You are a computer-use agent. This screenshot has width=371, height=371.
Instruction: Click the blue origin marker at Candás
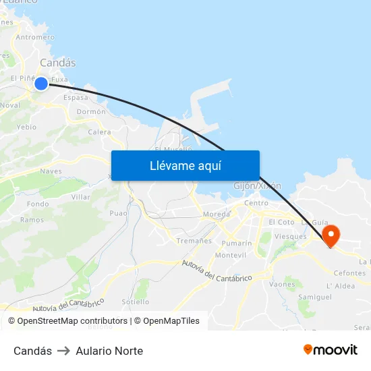tap(41, 83)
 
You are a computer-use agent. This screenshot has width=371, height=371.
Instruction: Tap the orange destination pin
tap(331, 234)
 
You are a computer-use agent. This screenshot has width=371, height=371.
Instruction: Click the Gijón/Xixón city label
tap(257, 185)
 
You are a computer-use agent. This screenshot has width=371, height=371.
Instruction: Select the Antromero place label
tap(34, 38)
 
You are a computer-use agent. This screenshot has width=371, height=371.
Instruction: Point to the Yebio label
tap(27, 127)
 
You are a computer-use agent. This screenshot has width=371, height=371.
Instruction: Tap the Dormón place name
tap(91, 111)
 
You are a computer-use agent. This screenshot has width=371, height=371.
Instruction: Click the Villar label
tap(81, 197)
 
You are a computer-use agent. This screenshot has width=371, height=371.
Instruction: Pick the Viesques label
tap(291, 237)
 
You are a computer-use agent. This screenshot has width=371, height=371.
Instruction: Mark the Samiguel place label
tap(315, 297)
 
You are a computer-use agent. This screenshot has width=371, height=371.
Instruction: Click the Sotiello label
tap(136, 302)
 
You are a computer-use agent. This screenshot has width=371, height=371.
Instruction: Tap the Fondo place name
tap(38, 204)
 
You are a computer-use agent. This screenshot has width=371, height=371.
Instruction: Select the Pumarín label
tap(237, 243)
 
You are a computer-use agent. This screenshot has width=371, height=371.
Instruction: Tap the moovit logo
tap(331, 349)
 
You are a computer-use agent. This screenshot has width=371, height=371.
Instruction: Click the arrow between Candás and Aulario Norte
tap(64, 351)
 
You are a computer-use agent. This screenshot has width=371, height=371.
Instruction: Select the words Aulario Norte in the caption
tap(109, 351)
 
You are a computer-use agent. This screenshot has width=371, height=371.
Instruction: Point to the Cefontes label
tap(350, 273)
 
